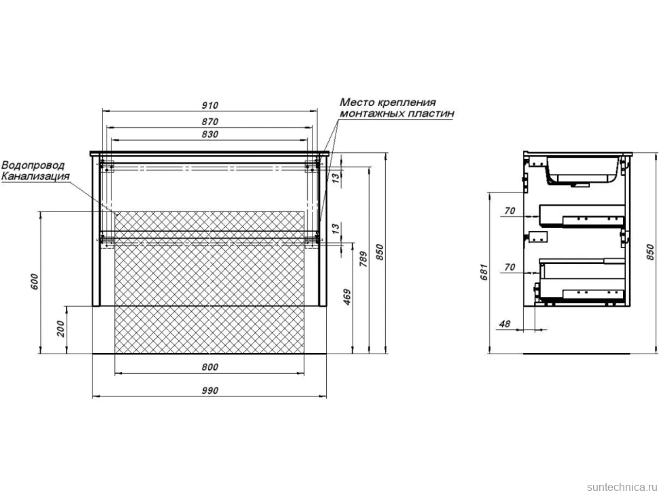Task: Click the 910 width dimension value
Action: (210, 105)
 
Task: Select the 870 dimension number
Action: (210, 122)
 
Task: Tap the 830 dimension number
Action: (210, 134)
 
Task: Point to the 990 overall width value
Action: (210, 391)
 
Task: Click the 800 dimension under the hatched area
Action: (210, 367)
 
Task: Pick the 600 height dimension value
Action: (35, 281)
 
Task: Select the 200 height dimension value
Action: (61, 329)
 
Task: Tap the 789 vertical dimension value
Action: (364, 259)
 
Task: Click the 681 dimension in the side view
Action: (484, 272)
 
